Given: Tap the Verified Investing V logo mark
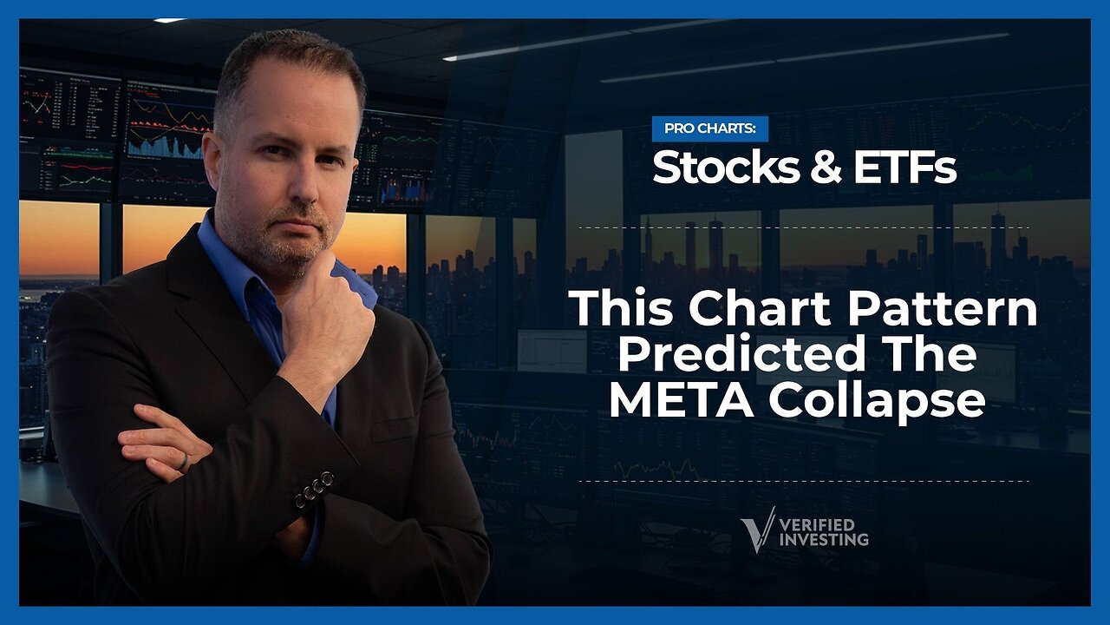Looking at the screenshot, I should [757, 529].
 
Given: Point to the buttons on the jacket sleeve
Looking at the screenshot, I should [314, 489].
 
